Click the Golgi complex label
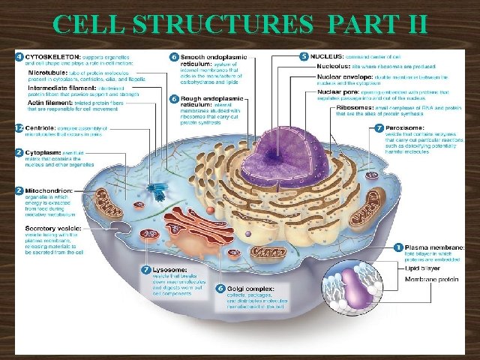(x=250, y=288)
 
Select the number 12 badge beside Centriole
(x=19, y=129)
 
